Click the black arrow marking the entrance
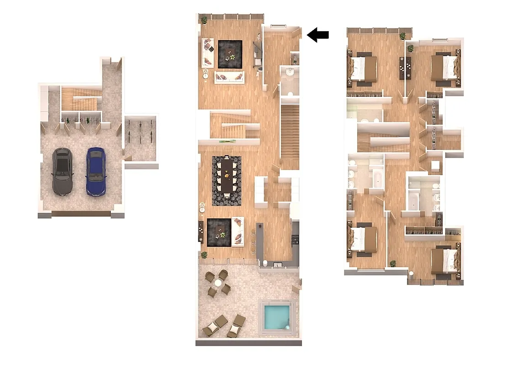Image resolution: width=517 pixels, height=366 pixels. click(x=318, y=35)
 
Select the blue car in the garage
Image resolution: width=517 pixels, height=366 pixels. click(x=96, y=171)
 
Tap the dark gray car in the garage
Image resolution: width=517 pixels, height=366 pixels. click(x=62, y=172)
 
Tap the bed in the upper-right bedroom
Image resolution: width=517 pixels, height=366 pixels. click(x=444, y=68)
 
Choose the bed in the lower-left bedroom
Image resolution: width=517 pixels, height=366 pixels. click(x=364, y=239)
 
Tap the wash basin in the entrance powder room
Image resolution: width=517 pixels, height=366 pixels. click(x=290, y=72)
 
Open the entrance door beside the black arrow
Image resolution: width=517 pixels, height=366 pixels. click(x=297, y=32)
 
